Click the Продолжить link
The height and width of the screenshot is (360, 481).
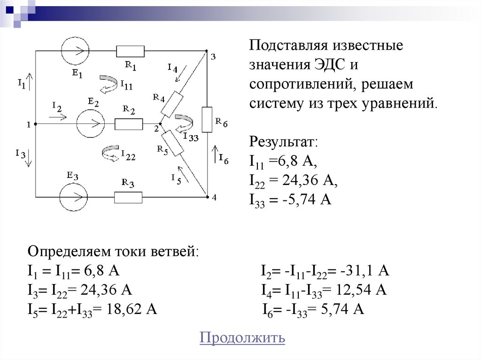pos(242,337)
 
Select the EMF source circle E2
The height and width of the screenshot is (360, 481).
pos(90,124)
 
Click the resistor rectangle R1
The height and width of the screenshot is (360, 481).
pos(130,51)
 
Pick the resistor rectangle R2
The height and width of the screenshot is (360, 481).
pos(128,124)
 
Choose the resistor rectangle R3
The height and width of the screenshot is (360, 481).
pos(128,197)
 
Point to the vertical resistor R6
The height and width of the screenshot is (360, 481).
pos(207,119)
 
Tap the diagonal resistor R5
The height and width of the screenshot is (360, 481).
pos(172,143)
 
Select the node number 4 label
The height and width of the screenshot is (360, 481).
pos(214,197)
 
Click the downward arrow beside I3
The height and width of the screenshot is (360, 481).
pos(29,158)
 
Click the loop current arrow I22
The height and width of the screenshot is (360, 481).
pos(110,153)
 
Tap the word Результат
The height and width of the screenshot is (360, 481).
pos(284,141)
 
